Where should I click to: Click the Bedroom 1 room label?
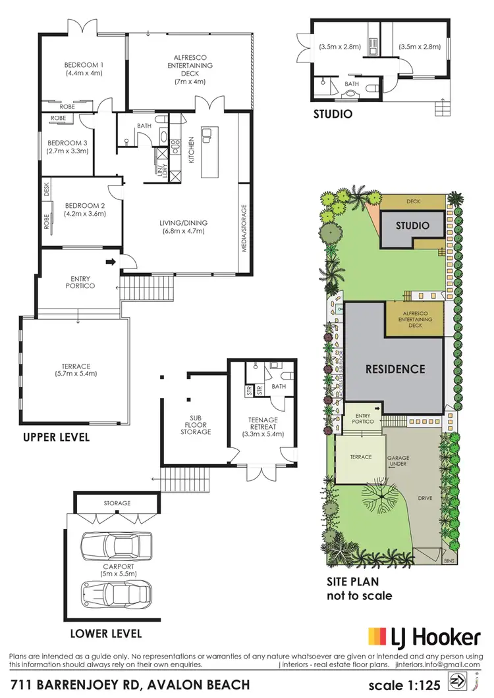tap(82, 65)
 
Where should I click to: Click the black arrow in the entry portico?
tap(111, 262)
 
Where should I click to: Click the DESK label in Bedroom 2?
tap(47, 189)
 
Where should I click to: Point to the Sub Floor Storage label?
tap(196, 424)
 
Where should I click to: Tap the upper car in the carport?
tap(115, 545)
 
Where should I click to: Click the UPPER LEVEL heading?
tap(57, 437)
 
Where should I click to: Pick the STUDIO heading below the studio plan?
tap(332, 114)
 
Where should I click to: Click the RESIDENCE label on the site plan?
tap(395, 368)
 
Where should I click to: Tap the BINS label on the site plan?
tap(449, 561)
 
